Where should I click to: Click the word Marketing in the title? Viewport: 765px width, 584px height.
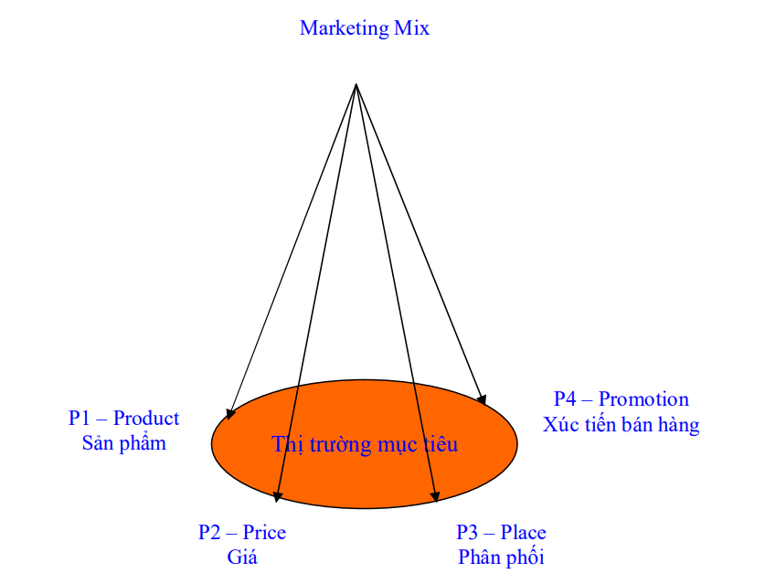[345, 28]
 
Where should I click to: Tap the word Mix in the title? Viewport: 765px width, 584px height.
[412, 27]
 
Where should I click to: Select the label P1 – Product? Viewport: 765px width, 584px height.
[124, 418]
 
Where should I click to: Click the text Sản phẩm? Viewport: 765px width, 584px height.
[124, 443]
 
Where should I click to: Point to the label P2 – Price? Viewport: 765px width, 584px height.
[242, 532]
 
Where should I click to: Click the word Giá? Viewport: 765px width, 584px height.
[242, 557]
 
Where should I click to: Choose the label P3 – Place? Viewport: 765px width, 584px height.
[501, 532]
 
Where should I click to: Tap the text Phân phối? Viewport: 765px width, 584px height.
[501, 557]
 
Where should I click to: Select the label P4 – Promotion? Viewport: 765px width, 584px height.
[622, 399]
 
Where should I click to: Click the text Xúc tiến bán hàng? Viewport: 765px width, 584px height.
[622, 424]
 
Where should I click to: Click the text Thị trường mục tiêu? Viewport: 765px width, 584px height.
[365, 444]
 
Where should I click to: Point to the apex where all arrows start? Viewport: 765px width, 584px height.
[356, 84]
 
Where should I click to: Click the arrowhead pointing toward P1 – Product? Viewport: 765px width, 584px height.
[230, 414]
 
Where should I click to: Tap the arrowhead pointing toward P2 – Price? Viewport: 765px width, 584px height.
[278, 496]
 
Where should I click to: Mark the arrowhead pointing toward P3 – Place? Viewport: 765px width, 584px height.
[435, 496]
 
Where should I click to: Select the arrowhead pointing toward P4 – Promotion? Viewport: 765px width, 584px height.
[482, 399]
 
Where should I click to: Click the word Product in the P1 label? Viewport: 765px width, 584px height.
[146, 418]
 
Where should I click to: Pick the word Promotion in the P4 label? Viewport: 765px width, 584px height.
[643, 399]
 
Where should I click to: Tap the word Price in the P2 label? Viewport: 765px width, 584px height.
[264, 532]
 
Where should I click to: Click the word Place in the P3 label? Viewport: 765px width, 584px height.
[524, 532]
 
